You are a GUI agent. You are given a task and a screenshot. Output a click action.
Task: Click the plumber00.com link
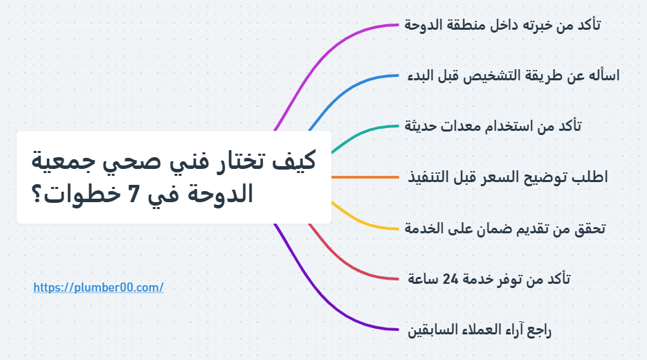pos(98,287)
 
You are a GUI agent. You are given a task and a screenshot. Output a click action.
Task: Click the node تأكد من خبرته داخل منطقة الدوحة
pos(502,26)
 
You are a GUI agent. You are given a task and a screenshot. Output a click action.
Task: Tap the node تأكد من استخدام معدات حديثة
pos(493,127)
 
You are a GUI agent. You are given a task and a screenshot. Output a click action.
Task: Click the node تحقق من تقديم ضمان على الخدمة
pos(505,228)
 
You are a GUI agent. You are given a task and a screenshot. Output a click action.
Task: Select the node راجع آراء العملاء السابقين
pos(480,330)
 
